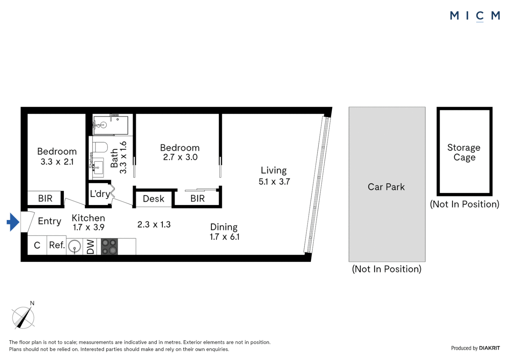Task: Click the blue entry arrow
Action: click(13, 222)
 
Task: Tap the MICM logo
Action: click(475, 16)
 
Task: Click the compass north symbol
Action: click(23, 317)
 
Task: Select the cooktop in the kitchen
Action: click(109, 247)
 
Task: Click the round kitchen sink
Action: click(74, 247)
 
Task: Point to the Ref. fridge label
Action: click(57, 245)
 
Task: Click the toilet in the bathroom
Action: click(100, 147)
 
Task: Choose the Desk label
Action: click(154, 199)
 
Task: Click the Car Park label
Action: click(386, 187)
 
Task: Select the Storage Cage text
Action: click(464, 152)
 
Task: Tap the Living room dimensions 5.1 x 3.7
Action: click(274, 182)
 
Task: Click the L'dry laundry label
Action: click(100, 194)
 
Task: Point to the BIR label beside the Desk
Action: click(198, 199)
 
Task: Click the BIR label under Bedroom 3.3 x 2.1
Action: click(45, 199)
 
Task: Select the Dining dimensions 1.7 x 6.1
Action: click(225, 237)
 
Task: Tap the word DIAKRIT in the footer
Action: click(489, 348)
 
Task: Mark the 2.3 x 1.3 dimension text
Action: click(154, 225)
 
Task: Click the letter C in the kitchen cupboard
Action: click(37, 246)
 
